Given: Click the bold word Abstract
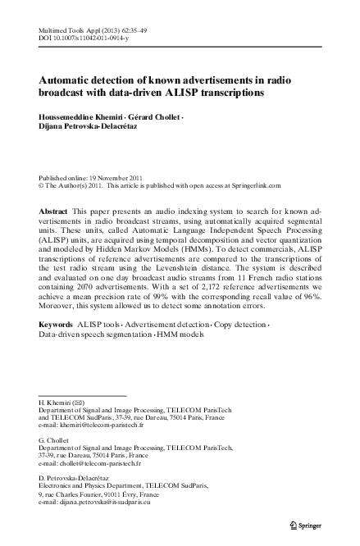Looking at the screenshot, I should point(54,211).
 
